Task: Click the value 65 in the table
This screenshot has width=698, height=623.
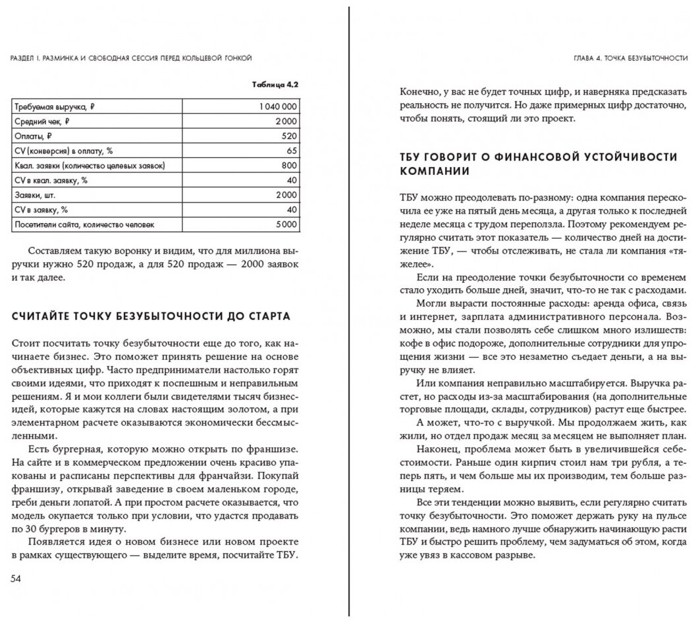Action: pyautogui.click(x=292, y=151)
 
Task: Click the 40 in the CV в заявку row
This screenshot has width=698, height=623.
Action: pyautogui.click(x=292, y=210)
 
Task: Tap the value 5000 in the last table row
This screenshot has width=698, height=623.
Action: pyautogui.click(x=286, y=225)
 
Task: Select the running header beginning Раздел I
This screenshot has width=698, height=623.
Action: pyautogui.click(x=132, y=58)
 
